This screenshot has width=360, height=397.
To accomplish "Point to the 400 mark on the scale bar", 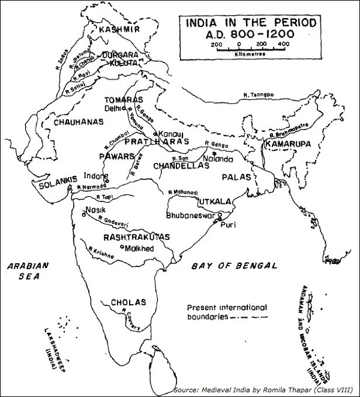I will (283, 44).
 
